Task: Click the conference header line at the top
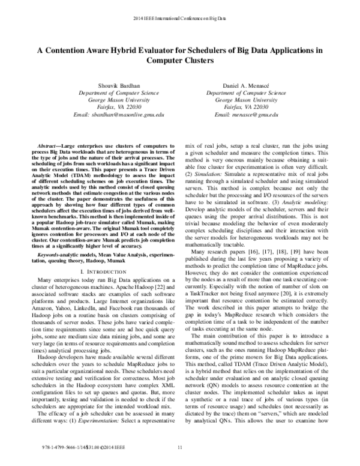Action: click(x=180, y=11)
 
